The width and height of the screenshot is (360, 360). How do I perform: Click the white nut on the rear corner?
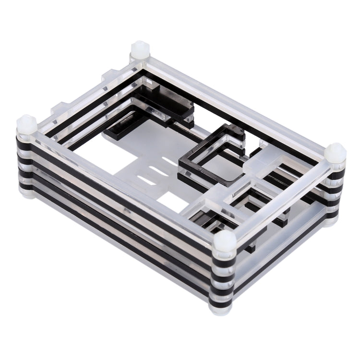[x=138, y=49]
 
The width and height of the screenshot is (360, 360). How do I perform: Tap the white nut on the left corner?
[x=27, y=125]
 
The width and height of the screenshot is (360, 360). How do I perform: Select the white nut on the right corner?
[x=335, y=152]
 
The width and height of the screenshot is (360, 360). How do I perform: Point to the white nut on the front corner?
[x=224, y=240]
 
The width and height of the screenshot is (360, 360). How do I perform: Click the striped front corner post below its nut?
[x=223, y=278]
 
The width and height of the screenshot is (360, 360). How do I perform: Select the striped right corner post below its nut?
[x=335, y=192]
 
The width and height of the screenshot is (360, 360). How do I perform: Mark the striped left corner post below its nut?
[x=26, y=163]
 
